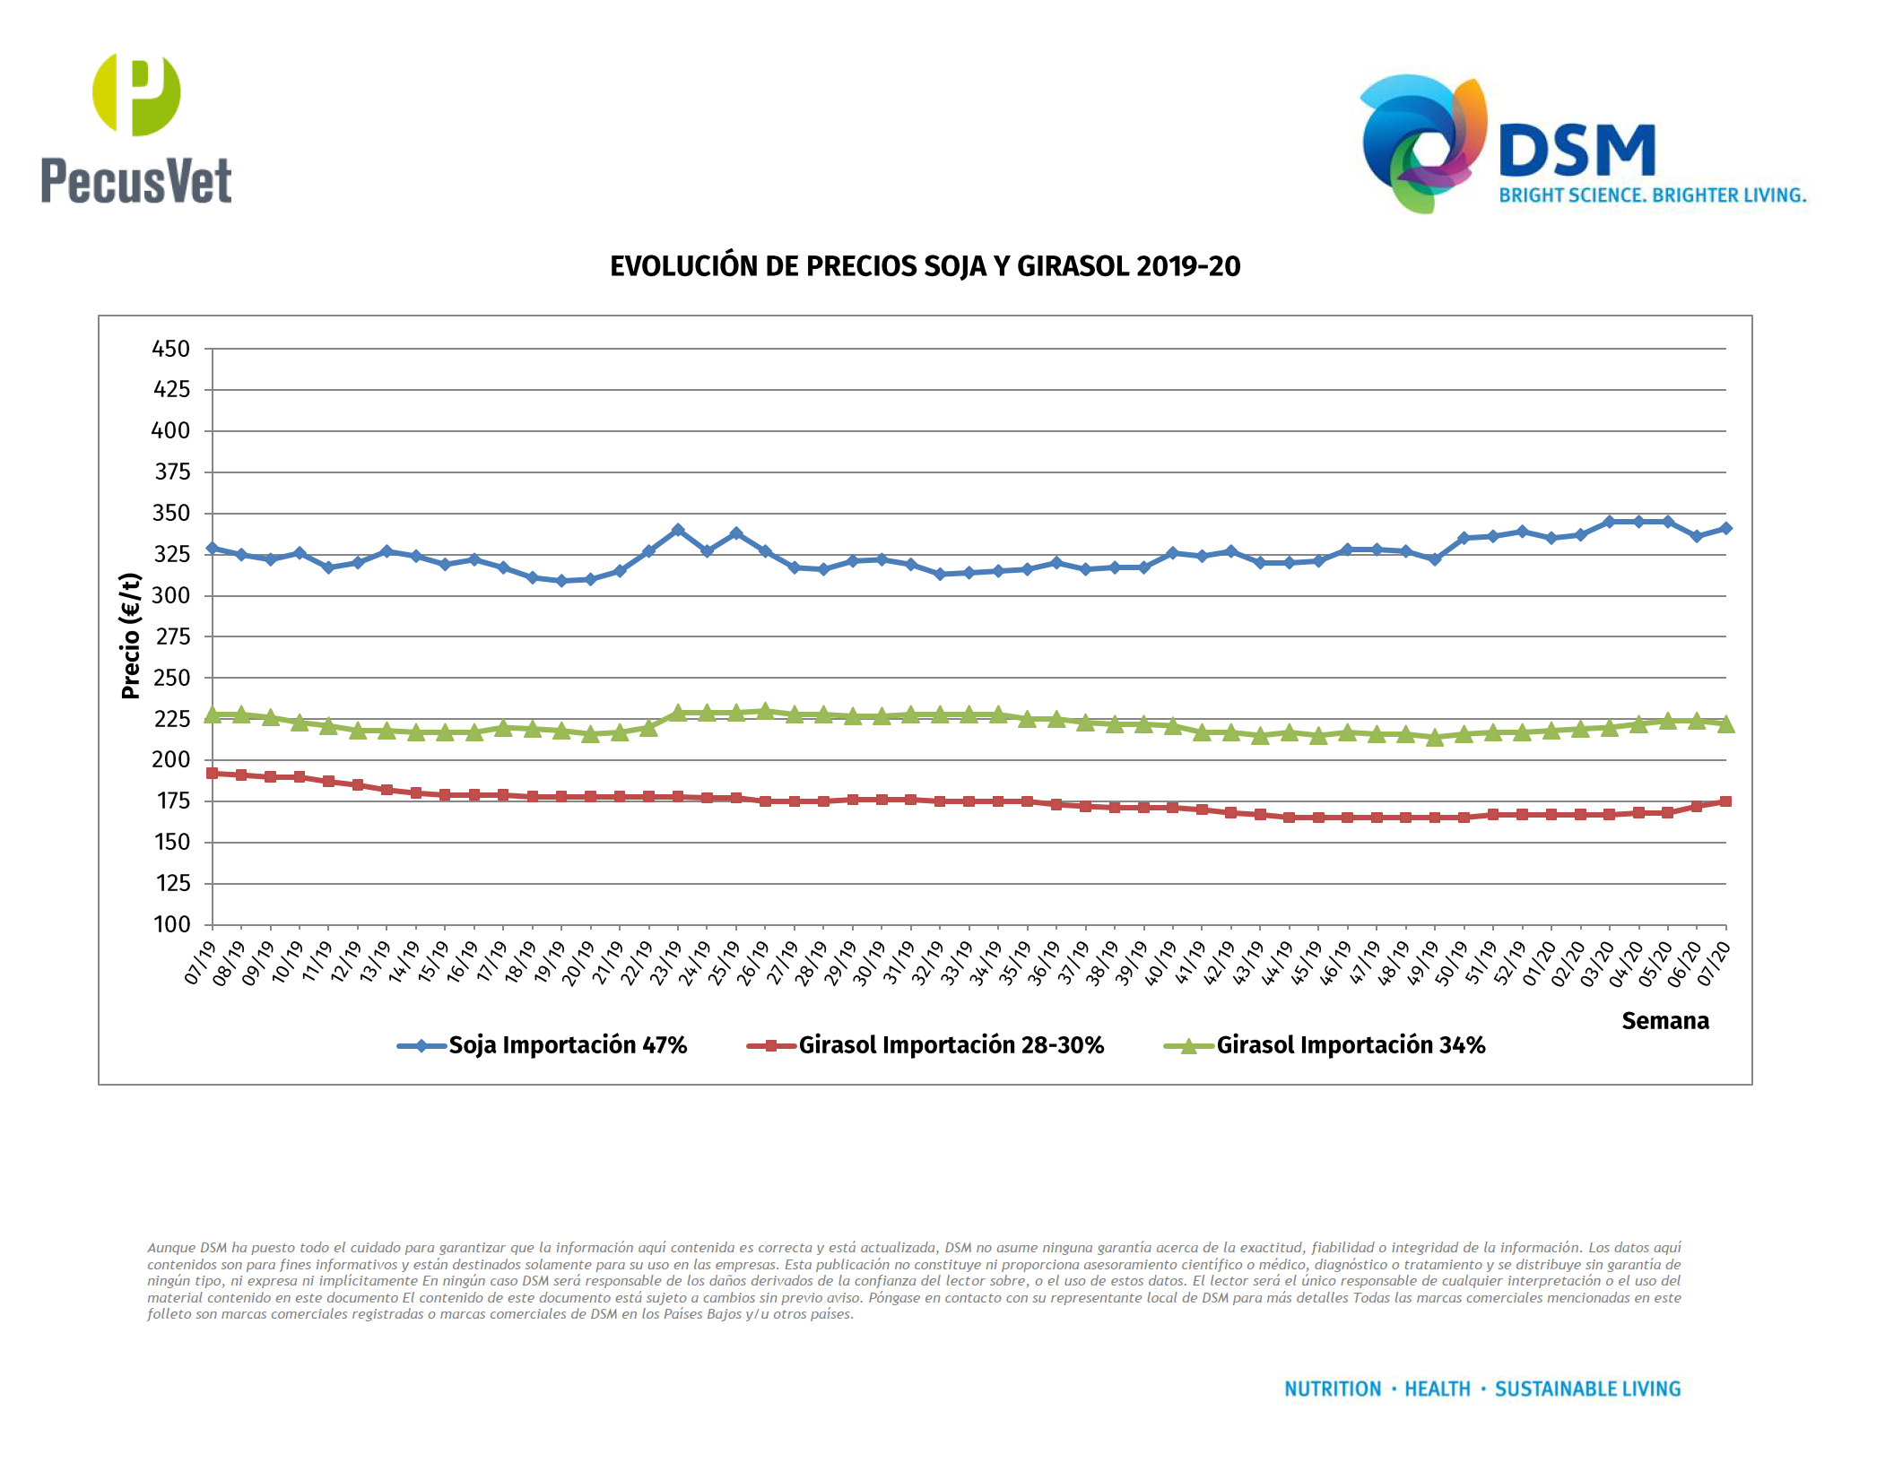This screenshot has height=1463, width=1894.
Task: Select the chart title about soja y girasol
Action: [925, 266]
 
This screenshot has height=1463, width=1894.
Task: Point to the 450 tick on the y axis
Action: [171, 349]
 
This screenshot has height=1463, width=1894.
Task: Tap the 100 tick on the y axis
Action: [171, 924]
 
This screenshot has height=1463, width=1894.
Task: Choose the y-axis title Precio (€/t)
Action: [131, 636]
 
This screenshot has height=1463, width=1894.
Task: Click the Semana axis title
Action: [1664, 1021]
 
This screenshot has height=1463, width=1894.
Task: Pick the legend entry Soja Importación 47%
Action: [567, 1045]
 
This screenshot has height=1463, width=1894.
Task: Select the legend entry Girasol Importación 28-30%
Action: [951, 1045]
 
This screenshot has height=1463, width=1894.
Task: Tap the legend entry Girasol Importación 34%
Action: [1350, 1045]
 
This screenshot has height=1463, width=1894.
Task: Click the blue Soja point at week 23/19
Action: [678, 531]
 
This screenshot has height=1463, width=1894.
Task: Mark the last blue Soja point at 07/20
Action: [1725, 529]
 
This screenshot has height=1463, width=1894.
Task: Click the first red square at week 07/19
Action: [213, 773]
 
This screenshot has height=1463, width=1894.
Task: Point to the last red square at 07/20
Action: [1725, 801]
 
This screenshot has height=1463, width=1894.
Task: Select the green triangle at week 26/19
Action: [765, 711]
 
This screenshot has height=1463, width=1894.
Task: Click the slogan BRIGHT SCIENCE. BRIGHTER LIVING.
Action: [1652, 195]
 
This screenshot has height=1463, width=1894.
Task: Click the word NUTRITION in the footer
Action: [1333, 1389]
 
